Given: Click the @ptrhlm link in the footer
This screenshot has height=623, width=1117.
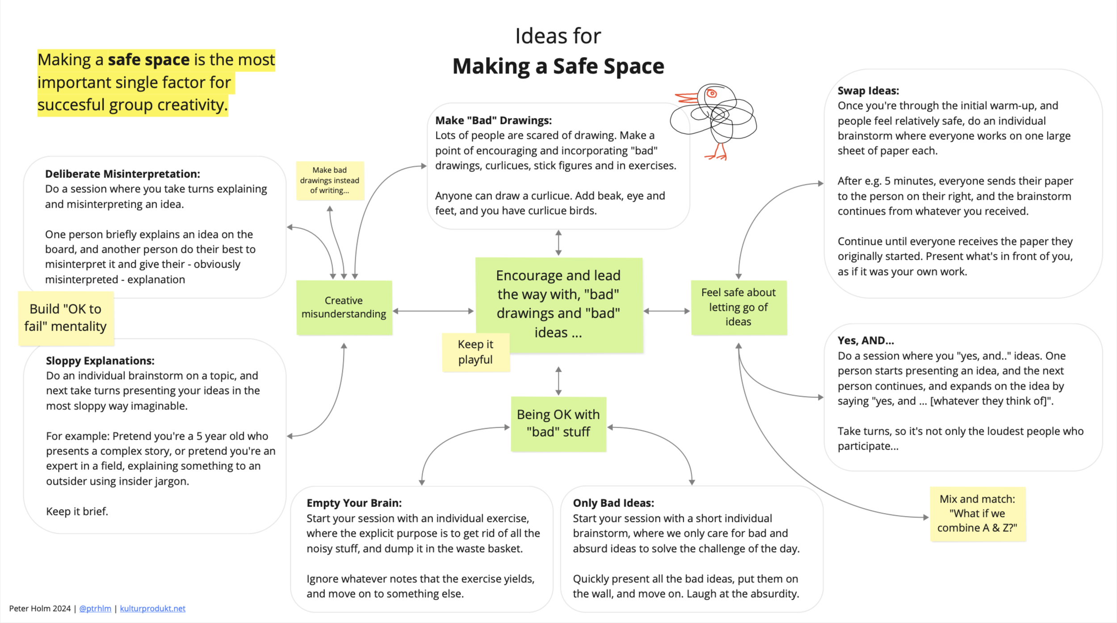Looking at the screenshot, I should [95, 608].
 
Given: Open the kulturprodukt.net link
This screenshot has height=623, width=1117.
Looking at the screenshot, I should [152, 608].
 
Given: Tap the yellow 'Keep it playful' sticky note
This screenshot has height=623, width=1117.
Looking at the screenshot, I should [475, 352].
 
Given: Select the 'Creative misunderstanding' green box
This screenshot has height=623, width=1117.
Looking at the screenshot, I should [344, 307].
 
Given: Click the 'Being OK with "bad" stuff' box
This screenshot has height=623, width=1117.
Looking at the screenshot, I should [558, 423].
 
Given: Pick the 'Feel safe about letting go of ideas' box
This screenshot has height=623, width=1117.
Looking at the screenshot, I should [739, 307].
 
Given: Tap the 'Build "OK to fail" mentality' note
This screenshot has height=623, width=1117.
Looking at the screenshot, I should [66, 318].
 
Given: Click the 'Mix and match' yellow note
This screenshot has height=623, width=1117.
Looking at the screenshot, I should [978, 514].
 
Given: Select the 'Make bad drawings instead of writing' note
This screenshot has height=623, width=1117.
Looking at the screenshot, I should [330, 180].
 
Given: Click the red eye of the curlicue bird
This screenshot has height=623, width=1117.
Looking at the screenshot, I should [712, 93].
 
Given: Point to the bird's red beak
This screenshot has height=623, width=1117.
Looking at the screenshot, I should [686, 98].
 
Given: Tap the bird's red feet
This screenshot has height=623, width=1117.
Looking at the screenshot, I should [717, 153].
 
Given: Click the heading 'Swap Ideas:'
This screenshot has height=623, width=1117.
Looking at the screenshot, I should [868, 91].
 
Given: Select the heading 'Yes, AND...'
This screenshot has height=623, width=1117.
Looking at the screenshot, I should [865, 341].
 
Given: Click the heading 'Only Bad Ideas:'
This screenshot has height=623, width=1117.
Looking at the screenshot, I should [613, 503].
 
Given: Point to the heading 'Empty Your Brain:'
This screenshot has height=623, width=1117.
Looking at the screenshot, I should [354, 503].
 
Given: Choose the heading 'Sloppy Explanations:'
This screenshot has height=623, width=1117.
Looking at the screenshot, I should [100, 361].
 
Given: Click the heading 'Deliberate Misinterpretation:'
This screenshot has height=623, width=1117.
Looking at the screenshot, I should [122, 174].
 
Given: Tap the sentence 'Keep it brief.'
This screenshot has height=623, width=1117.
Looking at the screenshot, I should [77, 511].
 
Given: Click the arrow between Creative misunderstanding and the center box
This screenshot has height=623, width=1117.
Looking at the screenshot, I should [433, 311].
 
